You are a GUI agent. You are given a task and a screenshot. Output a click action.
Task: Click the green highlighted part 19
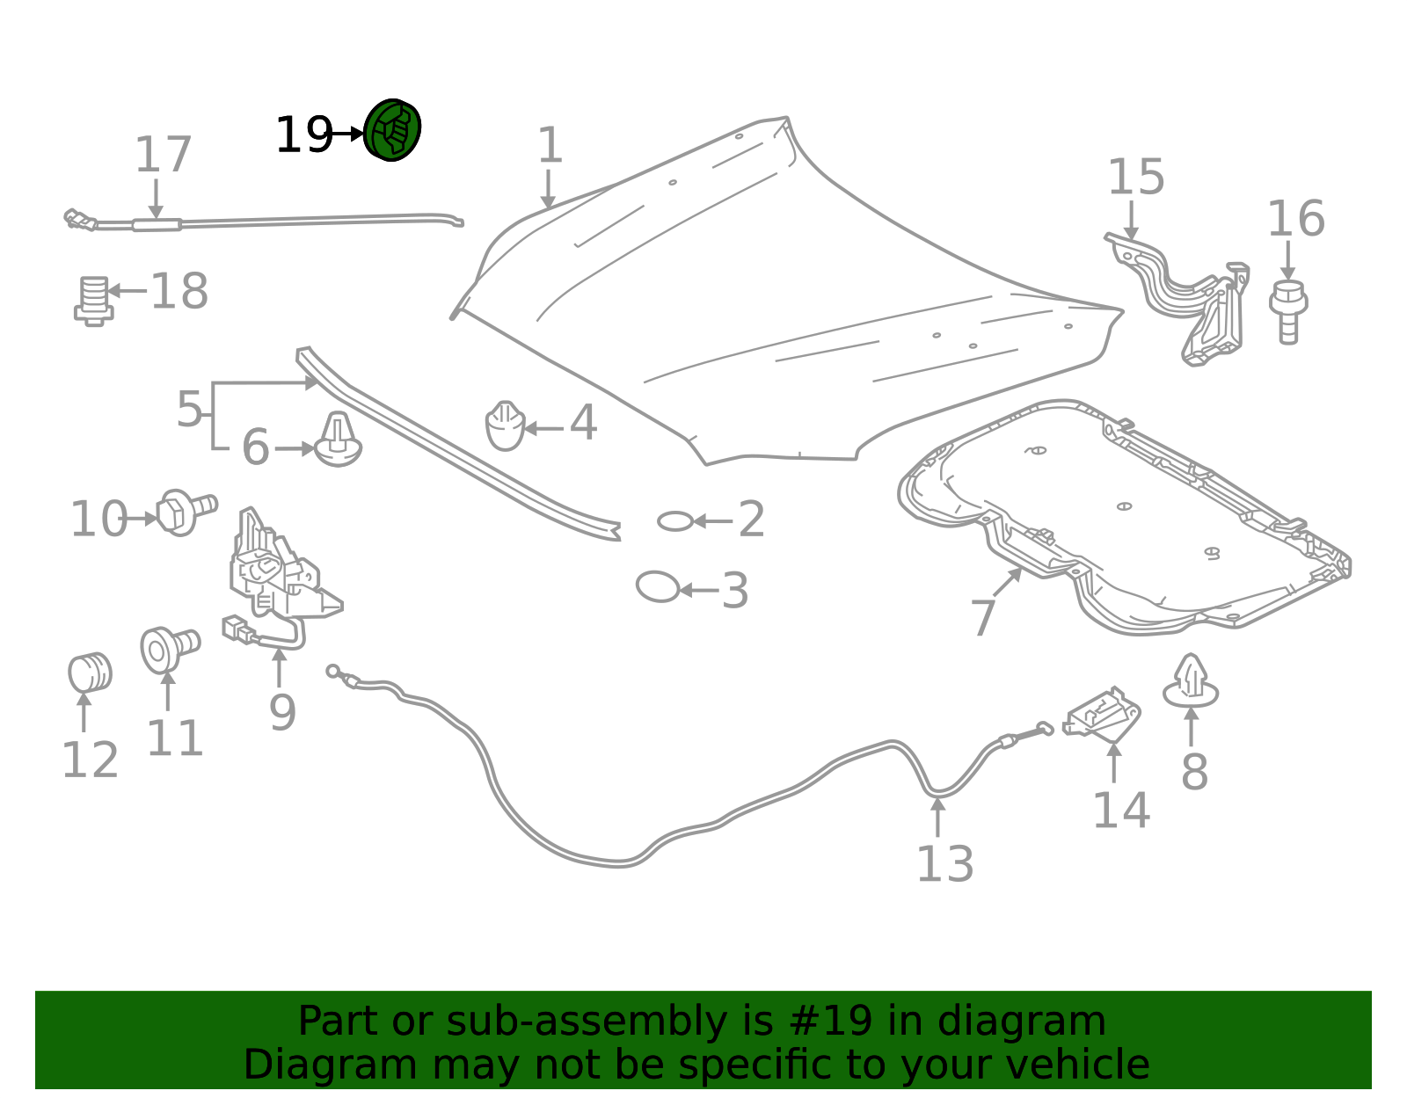click(x=391, y=130)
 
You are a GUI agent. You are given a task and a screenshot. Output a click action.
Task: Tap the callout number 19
click(x=303, y=135)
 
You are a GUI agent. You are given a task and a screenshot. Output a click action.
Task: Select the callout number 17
click(x=164, y=155)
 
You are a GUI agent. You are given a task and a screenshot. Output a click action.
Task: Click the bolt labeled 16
click(x=1288, y=312)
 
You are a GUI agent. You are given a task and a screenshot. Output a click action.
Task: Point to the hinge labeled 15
click(x=1184, y=297)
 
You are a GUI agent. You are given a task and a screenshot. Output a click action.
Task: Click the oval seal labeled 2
click(x=675, y=521)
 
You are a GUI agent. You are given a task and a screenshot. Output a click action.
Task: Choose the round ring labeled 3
click(x=658, y=587)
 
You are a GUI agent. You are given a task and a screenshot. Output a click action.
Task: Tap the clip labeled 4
click(x=505, y=425)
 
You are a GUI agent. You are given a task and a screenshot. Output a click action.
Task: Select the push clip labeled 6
click(x=338, y=440)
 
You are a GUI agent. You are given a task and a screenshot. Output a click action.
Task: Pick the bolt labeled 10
click(x=186, y=512)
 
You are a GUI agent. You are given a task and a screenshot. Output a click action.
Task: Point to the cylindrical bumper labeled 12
click(x=90, y=673)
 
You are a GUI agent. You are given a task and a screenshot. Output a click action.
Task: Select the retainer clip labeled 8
click(x=1191, y=682)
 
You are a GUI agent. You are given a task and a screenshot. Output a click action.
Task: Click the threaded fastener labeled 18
click(x=95, y=301)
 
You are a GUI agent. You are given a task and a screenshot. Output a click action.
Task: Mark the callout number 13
click(x=945, y=864)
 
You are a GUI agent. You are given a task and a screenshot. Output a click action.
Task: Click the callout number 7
click(x=983, y=618)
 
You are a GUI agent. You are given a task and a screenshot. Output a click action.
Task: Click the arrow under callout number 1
click(x=549, y=189)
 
